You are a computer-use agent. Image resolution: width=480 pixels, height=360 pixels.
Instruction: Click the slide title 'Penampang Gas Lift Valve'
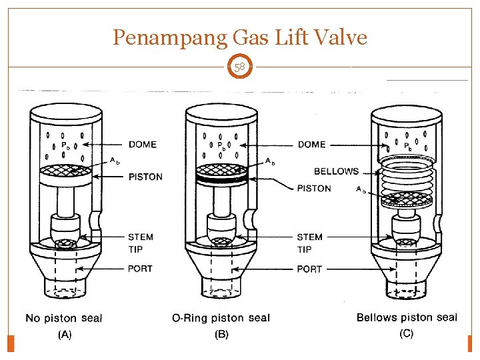point(240,37)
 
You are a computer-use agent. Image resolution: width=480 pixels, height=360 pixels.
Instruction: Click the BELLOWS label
point(336,171)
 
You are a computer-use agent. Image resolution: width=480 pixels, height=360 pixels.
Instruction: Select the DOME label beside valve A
point(143,144)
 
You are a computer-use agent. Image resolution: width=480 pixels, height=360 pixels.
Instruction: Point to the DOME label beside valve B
point(311,144)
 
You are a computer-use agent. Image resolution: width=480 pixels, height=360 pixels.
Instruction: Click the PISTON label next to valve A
point(145,177)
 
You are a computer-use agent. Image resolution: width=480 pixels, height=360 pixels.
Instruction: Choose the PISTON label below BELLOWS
point(314,188)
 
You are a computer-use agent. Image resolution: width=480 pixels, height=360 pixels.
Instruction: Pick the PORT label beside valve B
point(309,269)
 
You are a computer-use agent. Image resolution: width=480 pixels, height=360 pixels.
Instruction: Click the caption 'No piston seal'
point(64,318)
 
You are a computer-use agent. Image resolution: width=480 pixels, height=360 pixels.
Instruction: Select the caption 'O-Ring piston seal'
point(221,318)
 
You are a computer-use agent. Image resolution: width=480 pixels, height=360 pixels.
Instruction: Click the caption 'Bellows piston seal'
point(407,317)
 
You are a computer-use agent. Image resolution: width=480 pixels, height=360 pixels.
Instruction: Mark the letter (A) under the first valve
point(65,334)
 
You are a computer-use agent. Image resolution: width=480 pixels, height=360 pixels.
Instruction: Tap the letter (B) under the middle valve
point(221,334)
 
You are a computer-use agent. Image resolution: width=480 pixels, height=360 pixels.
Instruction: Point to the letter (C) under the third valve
point(406,333)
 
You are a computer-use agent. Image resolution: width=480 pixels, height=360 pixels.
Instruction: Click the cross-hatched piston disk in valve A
point(65,170)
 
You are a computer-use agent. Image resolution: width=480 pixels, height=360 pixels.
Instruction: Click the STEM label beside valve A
point(141,237)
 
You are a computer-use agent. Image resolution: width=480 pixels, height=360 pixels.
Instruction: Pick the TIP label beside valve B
point(304,249)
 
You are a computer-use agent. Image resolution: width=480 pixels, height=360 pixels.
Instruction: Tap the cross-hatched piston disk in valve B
point(221,170)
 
